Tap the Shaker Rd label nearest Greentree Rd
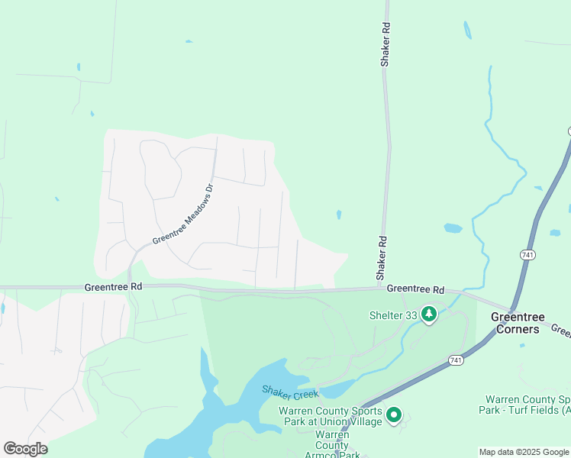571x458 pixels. (382, 256)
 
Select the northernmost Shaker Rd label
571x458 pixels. (386, 44)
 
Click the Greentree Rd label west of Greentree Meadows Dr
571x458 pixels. (114, 287)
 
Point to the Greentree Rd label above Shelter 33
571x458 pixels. (415, 290)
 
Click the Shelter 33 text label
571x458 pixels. (393, 314)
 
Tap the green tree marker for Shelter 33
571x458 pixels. (429, 314)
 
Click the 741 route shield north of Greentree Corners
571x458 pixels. (527, 254)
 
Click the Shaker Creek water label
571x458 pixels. (290, 392)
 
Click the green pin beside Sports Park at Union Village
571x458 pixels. (394, 415)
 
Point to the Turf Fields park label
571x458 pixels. (527, 405)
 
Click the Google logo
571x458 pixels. (25, 449)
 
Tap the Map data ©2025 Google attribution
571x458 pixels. (523, 452)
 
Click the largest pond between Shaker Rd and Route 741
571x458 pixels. (453, 228)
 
